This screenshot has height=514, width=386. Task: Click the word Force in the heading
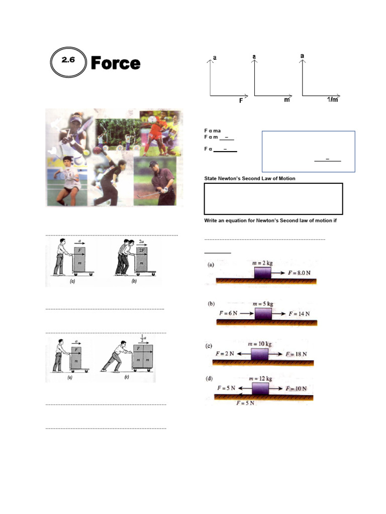point(115,64)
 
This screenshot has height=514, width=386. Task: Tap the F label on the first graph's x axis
point(241,100)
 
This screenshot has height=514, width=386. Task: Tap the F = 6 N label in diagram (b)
point(229,313)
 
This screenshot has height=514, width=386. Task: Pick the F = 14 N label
point(299,313)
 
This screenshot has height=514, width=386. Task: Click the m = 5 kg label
point(263,304)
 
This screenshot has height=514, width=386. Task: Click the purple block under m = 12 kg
point(261,389)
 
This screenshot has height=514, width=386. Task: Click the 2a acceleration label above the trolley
point(142,241)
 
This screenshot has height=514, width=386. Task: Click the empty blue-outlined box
point(308,151)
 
